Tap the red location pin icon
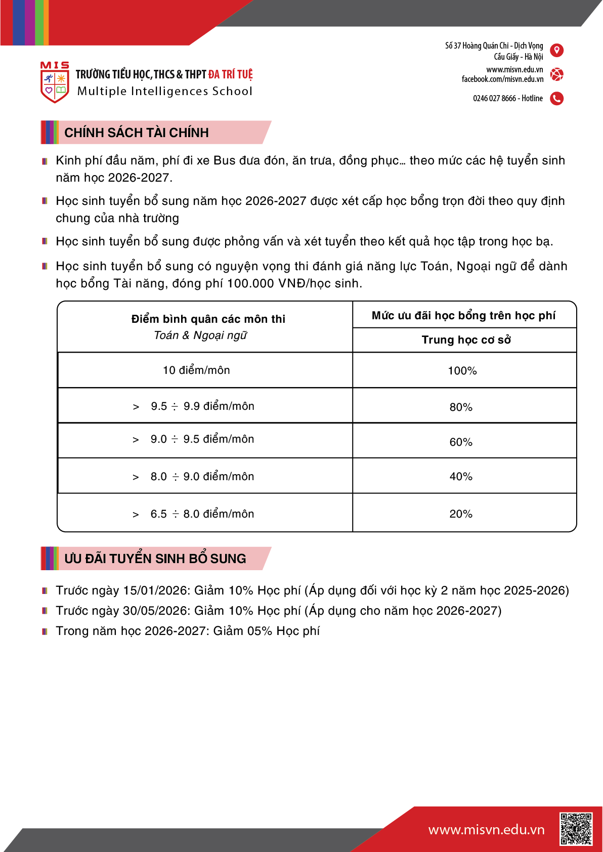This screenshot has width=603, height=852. point(556,50)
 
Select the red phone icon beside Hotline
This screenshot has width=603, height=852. point(556,98)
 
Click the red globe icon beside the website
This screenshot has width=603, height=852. point(556,74)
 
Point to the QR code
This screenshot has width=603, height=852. point(576,829)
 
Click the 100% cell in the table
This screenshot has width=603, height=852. point(462,371)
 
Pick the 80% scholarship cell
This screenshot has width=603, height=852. point(461,407)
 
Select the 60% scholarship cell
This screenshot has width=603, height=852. point(461,442)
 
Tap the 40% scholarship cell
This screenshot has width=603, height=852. point(461,477)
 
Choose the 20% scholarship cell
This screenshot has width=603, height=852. point(461,514)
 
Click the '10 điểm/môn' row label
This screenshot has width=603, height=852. point(196,370)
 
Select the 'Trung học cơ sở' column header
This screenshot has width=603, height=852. point(466,340)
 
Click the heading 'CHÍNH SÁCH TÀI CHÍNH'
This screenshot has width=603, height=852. point(137,133)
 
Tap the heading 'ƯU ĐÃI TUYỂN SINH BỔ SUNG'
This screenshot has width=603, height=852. point(155,559)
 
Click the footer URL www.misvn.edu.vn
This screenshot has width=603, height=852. point(486,830)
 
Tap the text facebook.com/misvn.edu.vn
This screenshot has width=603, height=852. point(502,79)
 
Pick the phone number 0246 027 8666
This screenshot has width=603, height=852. point(494,98)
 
